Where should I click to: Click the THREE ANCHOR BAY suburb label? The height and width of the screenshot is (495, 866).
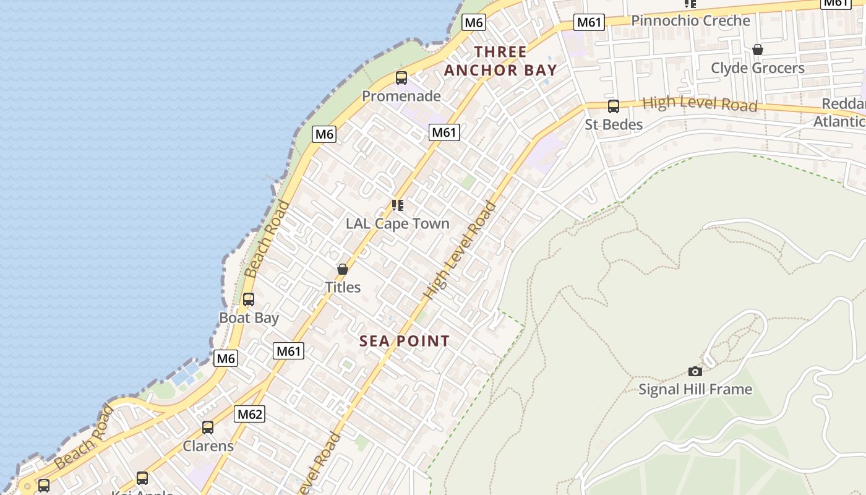(500, 61)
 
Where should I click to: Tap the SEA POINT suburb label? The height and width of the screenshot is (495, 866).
(405, 341)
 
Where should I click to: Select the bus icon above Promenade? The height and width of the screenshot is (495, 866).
(401, 78)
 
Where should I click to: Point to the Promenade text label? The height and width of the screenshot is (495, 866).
(401, 96)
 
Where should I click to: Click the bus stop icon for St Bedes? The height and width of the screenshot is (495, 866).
(614, 106)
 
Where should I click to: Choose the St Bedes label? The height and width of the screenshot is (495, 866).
(614, 124)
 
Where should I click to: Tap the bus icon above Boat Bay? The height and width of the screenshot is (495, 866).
(249, 299)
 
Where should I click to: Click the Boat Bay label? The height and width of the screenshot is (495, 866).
(249, 318)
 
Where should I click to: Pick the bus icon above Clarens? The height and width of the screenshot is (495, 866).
(208, 428)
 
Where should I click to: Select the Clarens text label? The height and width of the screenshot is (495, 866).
(208, 446)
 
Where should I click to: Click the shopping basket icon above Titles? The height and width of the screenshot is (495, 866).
(343, 269)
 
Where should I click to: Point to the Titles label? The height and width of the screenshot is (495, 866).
(343, 287)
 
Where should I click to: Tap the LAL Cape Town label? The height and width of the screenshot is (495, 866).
(397, 223)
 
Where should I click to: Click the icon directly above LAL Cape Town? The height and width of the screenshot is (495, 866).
(398, 205)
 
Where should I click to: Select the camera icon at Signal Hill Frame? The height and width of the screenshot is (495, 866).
(695, 371)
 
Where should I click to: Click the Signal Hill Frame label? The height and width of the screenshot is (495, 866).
(695, 389)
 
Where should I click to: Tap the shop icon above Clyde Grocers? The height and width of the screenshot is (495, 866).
(758, 49)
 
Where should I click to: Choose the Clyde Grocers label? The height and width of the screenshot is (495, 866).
(758, 67)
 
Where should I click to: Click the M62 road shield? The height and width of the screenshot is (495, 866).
(250, 414)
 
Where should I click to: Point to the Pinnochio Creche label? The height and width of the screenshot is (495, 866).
(690, 20)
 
